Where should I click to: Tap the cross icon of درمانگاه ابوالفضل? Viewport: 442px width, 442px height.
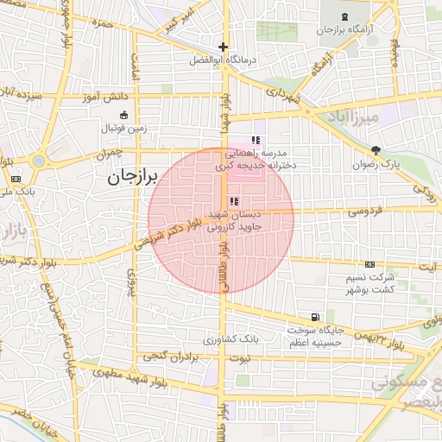pos(224,47)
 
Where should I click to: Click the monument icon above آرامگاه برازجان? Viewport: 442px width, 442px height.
pos(345,16)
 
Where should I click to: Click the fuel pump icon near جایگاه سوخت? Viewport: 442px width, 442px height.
pos(313,317)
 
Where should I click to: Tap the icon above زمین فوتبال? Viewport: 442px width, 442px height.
pos(123,115)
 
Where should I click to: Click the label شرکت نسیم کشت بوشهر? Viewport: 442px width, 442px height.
pos(370,282)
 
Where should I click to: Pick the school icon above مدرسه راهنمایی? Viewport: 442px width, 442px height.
pos(256,139)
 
